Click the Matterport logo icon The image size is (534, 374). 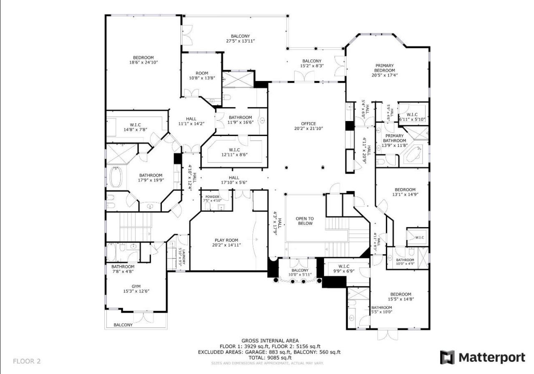click(x=447, y=357)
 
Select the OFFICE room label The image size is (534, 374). click(x=308, y=124)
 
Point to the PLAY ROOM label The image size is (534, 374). click(x=227, y=240)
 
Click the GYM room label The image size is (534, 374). click(x=136, y=286)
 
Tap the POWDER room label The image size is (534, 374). click(x=212, y=197)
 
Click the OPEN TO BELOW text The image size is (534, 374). click(x=305, y=221)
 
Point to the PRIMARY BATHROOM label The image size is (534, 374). click(x=394, y=138)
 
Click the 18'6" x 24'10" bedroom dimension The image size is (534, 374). click(x=144, y=62)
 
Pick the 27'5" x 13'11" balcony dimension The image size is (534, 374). click(x=240, y=41)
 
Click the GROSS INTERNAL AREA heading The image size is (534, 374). click(x=270, y=341)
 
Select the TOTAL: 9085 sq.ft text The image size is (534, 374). click(x=270, y=357)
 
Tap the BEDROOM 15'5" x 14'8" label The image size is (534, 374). click(x=400, y=297)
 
